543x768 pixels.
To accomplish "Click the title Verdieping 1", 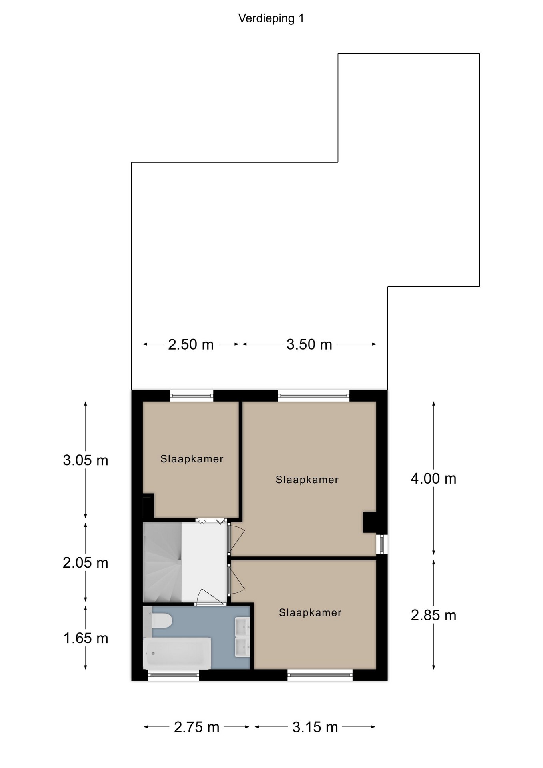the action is (x=271, y=18).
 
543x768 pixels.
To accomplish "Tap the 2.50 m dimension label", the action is (x=191, y=344).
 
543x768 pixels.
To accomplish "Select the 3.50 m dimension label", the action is (x=309, y=344).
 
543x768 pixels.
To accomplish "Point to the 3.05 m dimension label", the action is (x=86, y=460).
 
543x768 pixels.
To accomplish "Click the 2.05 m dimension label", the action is (x=86, y=563).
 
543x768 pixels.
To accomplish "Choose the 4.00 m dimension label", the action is (x=434, y=478).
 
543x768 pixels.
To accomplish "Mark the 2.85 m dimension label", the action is (x=434, y=615).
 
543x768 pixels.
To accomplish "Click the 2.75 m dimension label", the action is (x=197, y=727).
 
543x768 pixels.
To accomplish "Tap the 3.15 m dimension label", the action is (x=315, y=727).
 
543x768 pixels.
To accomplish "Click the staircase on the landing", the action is (x=162, y=562).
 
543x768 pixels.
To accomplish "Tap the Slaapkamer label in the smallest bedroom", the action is (x=192, y=459).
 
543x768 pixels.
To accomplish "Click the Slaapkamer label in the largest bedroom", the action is (x=307, y=480).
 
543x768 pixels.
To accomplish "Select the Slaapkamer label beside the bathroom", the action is (x=310, y=612).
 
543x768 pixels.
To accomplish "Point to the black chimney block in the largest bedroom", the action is (x=369, y=522).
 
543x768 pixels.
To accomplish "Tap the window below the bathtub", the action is (x=174, y=676).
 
